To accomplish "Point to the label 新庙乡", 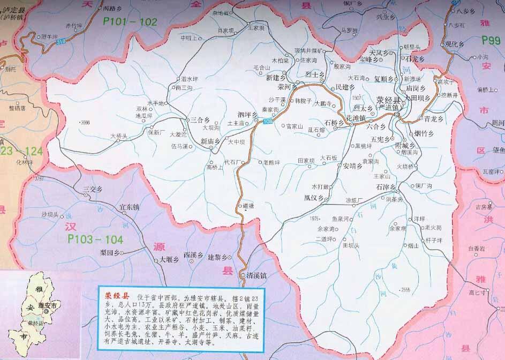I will [x=210, y=141].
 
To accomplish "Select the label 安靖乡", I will [x=353, y=166].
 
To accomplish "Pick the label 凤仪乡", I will [x=314, y=198].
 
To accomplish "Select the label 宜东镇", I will [x=129, y=206].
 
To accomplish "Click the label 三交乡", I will [x=93, y=189].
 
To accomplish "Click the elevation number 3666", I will [x=84, y=123].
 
